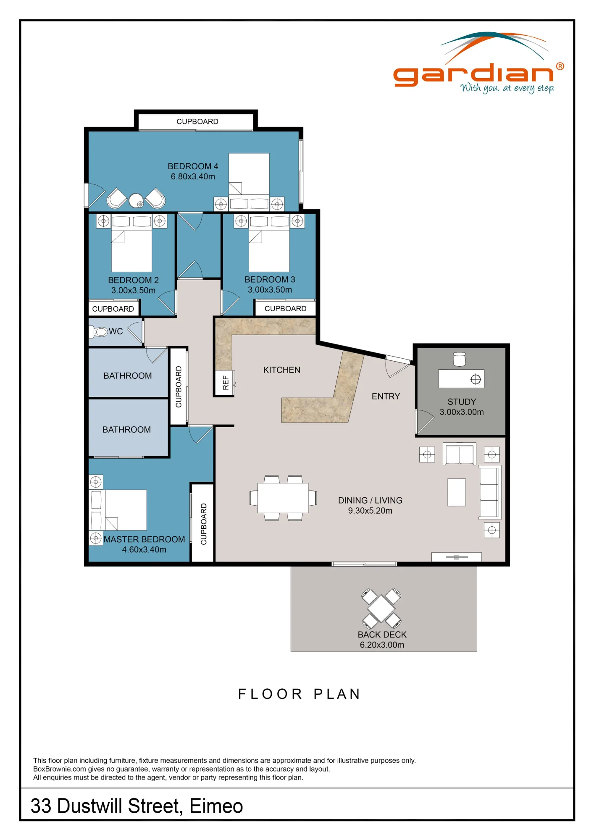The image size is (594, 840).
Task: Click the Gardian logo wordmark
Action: (x=473, y=75)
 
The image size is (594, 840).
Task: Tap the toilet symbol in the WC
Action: (x=98, y=332)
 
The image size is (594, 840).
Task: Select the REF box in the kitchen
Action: (x=224, y=383)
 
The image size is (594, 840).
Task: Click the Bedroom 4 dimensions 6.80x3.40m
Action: (x=193, y=177)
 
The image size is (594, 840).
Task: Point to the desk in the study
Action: (x=461, y=378)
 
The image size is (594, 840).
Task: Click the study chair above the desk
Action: (x=460, y=359)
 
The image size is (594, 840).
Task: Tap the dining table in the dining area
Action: (x=283, y=498)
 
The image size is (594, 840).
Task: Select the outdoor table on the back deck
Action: (x=381, y=608)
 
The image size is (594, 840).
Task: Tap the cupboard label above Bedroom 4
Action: (x=197, y=122)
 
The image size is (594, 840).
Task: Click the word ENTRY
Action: (x=386, y=396)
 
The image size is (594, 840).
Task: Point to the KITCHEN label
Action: (x=282, y=370)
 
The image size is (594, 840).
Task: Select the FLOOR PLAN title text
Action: (x=299, y=694)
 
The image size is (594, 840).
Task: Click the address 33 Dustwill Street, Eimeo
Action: (x=137, y=806)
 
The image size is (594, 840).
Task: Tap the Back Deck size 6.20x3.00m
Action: (x=382, y=645)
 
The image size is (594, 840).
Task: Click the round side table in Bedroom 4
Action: (x=136, y=200)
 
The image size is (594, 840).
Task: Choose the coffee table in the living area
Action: (x=457, y=492)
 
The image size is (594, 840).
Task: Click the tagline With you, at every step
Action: (x=507, y=88)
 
